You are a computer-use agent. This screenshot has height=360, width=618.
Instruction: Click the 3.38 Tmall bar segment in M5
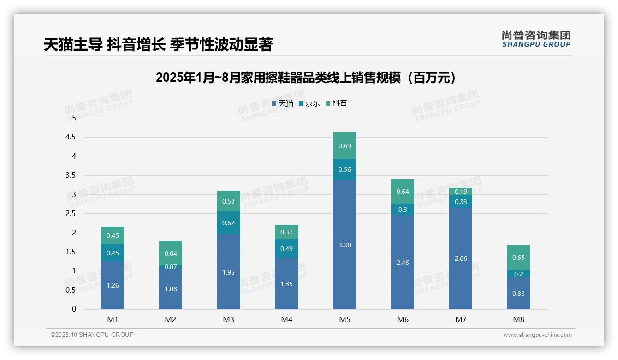(x=345, y=245)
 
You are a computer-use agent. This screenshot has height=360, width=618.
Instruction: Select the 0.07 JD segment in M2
(x=171, y=267)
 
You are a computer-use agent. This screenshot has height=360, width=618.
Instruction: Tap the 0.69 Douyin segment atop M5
(x=345, y=145)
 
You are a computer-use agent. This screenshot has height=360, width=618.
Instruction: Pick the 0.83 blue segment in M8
(x=518, y=294)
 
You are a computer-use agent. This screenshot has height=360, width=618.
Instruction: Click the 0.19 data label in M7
(x=461, y=192)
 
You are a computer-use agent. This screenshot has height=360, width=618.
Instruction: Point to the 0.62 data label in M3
(x=229, y=223)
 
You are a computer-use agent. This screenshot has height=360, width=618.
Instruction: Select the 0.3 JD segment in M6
(x=403, y=210)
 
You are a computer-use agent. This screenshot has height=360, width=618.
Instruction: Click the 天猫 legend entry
(x=283, y=103)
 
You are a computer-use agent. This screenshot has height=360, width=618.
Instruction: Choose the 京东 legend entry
(x=309, y=103)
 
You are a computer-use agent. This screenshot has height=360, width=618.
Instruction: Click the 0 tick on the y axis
(x=74, y=309)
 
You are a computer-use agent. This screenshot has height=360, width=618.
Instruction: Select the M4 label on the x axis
(x=286, y=319)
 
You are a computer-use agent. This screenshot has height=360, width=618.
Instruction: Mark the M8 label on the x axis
(x=518, y=319)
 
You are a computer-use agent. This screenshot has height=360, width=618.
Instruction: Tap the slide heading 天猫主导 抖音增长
(x=159, y=45)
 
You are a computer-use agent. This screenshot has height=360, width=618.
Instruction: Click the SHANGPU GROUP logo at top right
(x=536, y=39)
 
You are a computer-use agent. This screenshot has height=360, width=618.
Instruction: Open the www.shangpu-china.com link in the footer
(x=537, y=335)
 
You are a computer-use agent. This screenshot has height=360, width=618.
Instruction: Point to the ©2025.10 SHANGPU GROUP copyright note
(x=92, y=335)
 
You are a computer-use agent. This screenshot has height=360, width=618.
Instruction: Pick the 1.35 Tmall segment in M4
(x=286, y=283)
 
